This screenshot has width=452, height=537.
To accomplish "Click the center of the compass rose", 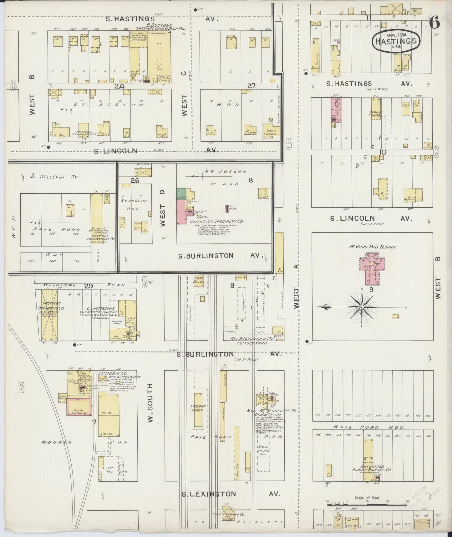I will [x=362, y=307].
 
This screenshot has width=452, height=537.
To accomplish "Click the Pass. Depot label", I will [x=199, y=280].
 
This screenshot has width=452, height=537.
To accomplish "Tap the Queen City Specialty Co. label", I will [x=216, y=222].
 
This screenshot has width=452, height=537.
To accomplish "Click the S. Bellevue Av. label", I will [x=54, y=177].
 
